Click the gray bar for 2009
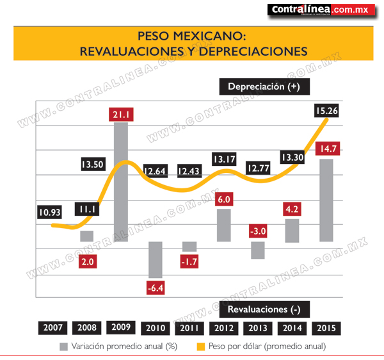121,182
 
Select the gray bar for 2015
326,200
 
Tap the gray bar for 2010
156,260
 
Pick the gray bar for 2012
224,225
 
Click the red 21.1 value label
121,115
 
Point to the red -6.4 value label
156,288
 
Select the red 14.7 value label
328,149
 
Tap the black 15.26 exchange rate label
326,111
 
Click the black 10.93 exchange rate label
49,212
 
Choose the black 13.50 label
93,164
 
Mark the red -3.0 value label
258,231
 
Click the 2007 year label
52,328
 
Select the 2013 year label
258,328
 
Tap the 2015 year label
326,328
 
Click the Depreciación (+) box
264,86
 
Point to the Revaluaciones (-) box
264,309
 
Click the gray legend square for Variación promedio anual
63,347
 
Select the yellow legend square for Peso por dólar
201,347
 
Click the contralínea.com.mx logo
321,10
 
